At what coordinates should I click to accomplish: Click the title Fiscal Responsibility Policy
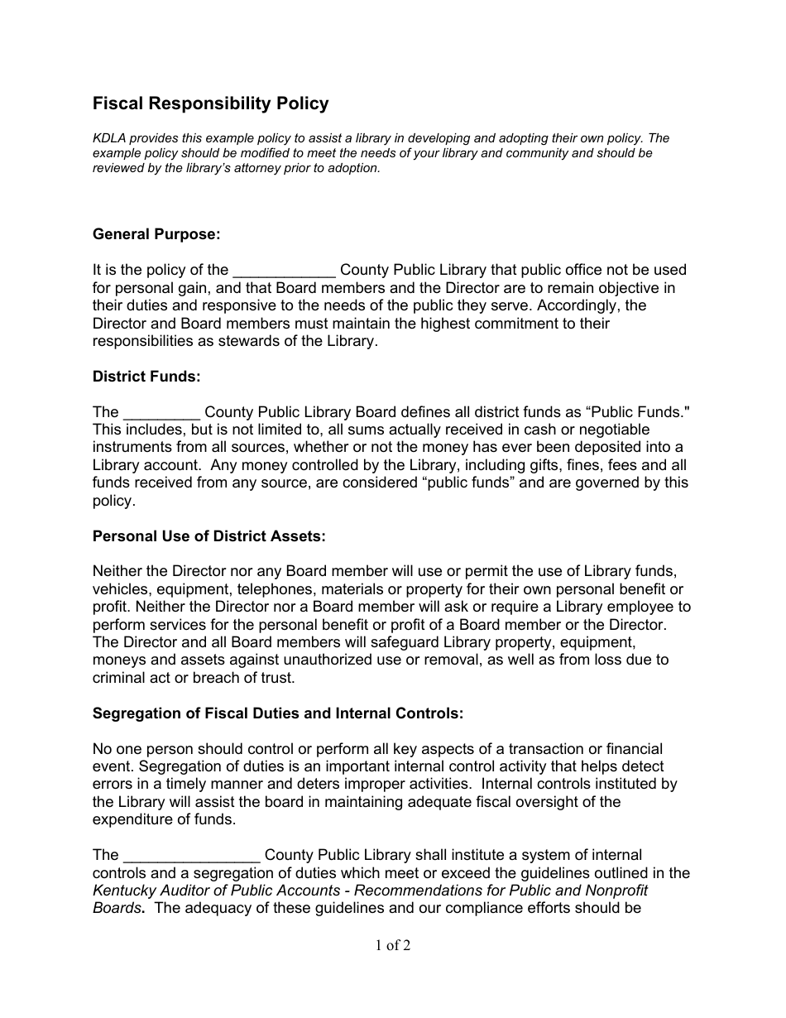pos(210,103)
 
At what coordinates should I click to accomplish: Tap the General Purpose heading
pos(156,234)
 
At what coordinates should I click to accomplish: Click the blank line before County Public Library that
pos(284,271)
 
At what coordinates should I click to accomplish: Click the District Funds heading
pos(146,377)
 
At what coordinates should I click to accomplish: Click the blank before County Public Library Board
pos(161,413)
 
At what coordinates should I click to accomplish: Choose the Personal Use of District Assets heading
pos(209,536)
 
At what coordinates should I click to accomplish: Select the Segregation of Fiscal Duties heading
pos(278,713)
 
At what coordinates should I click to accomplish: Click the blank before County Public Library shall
pos(191,856)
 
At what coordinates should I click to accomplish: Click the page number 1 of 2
pos(392,945)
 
